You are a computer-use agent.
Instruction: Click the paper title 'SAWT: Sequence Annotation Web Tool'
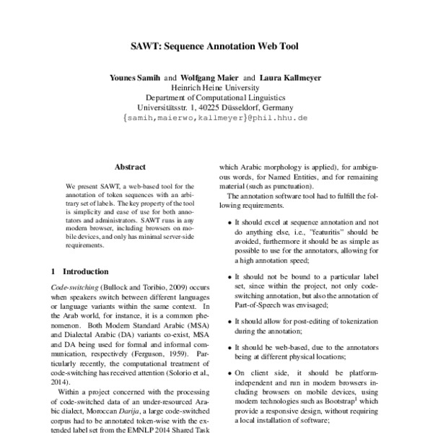coord(216,46)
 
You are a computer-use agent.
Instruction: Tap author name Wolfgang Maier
coord(210,76)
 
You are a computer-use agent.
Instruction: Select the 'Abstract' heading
coord(130,166)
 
